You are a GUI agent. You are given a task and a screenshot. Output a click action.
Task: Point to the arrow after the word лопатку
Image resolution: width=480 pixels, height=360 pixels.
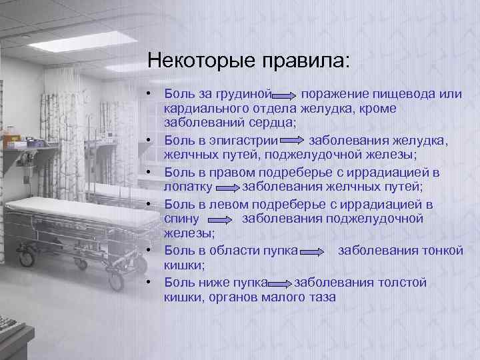pos(226,188)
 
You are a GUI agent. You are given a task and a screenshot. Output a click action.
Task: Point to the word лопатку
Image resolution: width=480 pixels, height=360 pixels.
pos(188,187)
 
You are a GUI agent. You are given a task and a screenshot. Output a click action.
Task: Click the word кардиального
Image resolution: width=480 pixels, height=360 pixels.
pos(205,108)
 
